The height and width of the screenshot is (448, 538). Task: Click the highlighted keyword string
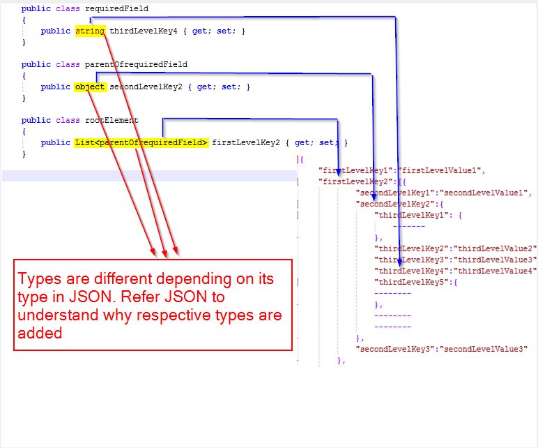click(x=90, y=31)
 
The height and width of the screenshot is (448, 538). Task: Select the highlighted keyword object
click(x=90, y=87)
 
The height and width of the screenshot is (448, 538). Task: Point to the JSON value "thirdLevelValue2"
click(x=496, y=248)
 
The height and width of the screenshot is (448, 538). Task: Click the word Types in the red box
click(x=40, y=280)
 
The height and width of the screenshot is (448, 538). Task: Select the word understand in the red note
click(x=57, y=316)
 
